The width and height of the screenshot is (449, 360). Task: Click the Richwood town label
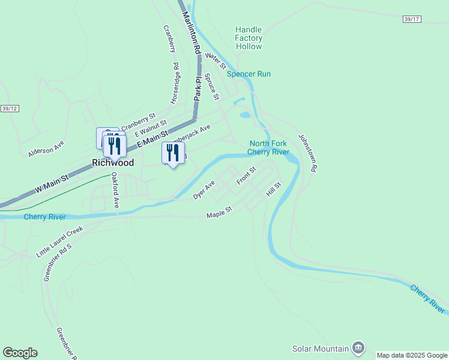pos(112,163)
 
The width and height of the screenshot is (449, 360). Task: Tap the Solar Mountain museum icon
pos(358,347)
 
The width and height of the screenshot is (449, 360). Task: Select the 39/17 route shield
pos(412,20)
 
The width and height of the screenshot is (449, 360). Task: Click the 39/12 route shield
pos(10,109)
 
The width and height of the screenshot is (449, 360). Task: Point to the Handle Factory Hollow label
pos(249,38)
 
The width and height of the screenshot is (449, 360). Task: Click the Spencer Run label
pos(249,74)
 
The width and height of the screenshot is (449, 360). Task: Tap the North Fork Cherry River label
pos(269,148)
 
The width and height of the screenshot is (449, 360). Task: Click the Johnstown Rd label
pos(307,153)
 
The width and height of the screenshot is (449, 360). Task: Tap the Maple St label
pos(219,213)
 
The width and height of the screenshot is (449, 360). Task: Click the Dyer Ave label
pos(204,191)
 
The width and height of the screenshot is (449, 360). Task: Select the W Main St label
pos(52,182)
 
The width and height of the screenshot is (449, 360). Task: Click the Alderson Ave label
pos(46,149)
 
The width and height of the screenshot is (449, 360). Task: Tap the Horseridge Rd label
pos(175,83)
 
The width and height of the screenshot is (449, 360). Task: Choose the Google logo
pos(20,353)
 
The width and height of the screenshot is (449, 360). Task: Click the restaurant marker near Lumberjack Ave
pos(173,152)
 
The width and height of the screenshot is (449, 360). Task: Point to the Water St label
pos(215,60)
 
